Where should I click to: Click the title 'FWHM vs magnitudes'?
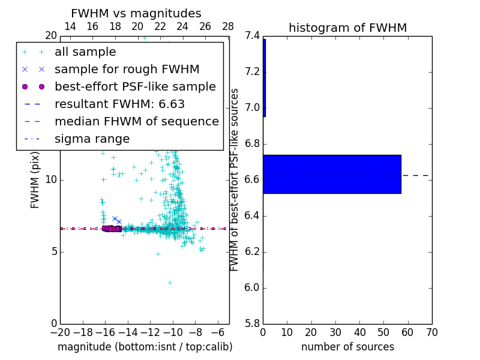(136, 13)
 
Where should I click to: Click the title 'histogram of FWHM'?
(347, 28)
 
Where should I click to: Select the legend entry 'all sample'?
(85, 52)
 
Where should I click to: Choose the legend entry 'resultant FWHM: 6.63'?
(119, 104)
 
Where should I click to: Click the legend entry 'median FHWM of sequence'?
(136, 121)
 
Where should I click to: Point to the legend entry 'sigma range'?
(92, 139)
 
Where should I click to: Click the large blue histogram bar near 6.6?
(332, 174)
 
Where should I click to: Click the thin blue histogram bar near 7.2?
(264, 78)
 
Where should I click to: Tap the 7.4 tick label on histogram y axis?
(252, 36)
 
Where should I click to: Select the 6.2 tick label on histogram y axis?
(252, 252)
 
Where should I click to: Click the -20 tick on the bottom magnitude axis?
(60, 332)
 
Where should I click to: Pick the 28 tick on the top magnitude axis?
(228, 26)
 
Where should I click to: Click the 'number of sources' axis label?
(347, 347)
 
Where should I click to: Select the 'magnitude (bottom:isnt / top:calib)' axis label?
(145, 347)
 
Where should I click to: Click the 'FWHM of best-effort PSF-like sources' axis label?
(235, 180)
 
